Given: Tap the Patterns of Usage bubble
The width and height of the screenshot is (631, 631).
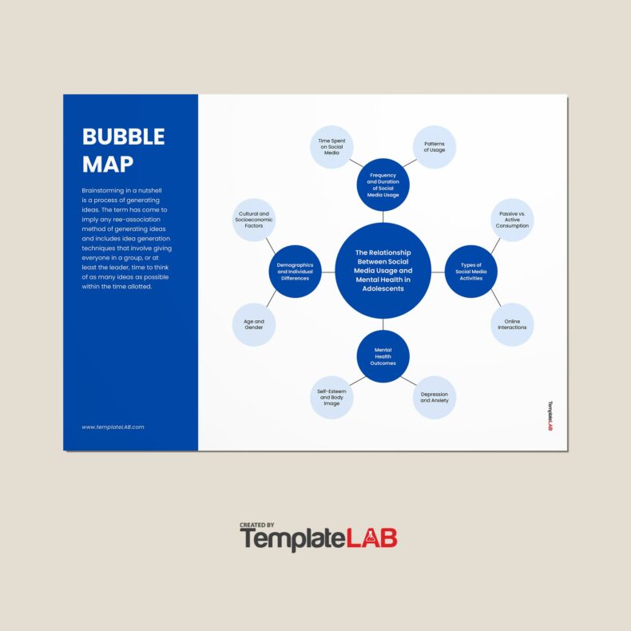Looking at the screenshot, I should coord(435,147).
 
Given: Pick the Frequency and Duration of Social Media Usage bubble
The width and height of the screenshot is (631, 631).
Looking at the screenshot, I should coord(383,184).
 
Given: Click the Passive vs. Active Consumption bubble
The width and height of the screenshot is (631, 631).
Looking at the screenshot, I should coord(512,220).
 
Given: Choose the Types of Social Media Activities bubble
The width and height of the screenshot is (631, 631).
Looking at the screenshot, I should coord(470,272).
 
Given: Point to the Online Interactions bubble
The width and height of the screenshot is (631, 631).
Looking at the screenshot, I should coord(512,324).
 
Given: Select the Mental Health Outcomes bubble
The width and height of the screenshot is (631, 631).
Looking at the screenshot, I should coord(383,356).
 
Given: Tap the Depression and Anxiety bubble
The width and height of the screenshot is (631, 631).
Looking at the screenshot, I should coord(435,397).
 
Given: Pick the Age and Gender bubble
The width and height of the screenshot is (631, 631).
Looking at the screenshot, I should coord(254,324).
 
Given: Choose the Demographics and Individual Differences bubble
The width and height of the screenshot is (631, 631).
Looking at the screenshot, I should coord(295,272).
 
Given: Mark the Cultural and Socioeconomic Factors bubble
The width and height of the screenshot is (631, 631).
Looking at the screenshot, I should coord(254,220).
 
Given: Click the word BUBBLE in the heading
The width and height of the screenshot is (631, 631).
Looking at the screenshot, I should coord(123,137).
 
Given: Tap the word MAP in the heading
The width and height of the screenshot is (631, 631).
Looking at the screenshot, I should coord(108,164).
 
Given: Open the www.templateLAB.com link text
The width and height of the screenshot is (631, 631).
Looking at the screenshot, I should coord(113,427).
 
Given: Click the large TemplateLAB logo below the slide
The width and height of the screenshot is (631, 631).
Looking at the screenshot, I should coord(319,539).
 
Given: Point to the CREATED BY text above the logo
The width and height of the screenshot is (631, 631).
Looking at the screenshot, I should coord(256,525).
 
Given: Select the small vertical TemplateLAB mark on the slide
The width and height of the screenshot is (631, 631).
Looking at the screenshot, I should coord(550,415).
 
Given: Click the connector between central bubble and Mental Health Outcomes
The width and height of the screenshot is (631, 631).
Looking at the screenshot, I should coord(383,324).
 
